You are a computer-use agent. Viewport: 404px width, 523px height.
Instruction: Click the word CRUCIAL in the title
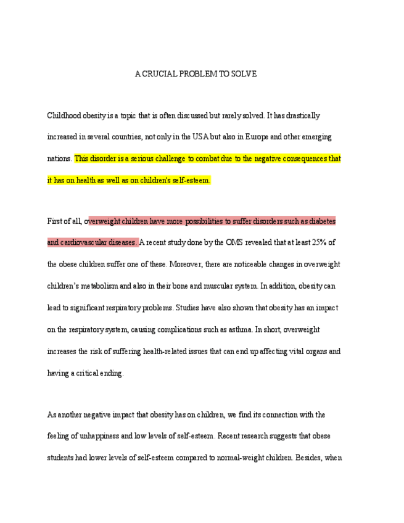coord(158,74)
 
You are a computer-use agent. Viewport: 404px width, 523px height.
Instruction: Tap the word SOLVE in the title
coord(245,74)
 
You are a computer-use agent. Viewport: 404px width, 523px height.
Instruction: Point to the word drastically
coord(302,115)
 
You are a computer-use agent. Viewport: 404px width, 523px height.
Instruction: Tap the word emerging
coord(321,137)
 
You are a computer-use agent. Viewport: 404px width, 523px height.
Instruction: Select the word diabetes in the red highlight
coord(321,221)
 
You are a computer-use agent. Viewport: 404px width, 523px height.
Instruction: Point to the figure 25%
coord(319,242)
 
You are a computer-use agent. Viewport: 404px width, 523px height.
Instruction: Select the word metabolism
coord(99,286)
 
